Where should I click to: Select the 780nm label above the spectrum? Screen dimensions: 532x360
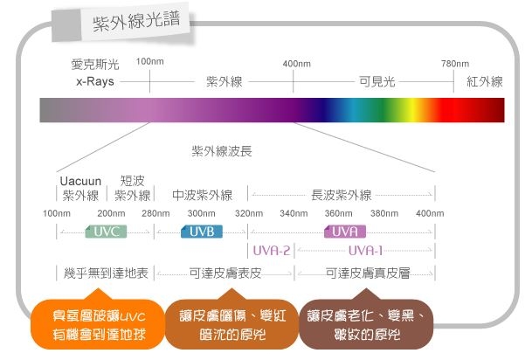coord(454,63)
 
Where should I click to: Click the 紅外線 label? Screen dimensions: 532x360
coord(485,81)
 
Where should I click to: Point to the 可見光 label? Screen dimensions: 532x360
coord(377,81)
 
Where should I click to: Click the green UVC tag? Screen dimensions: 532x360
coord(106,232)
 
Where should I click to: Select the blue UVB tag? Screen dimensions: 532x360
coord(202,232)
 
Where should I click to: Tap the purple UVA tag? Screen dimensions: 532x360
coord(344,232)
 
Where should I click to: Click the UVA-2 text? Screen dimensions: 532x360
coord(272,250)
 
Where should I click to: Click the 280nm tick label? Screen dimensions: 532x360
coord(155,214)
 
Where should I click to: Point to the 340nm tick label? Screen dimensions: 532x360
coord(294,214)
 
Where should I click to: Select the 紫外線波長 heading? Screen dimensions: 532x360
coord(222,150)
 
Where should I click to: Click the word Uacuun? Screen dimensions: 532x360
coord(80,181)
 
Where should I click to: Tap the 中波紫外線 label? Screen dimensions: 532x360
coord(202,195)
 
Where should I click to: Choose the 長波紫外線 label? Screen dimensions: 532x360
coord(342,195)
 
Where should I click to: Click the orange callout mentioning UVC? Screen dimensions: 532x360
coord(93,325)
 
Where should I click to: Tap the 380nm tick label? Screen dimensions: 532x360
coord(383,214)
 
